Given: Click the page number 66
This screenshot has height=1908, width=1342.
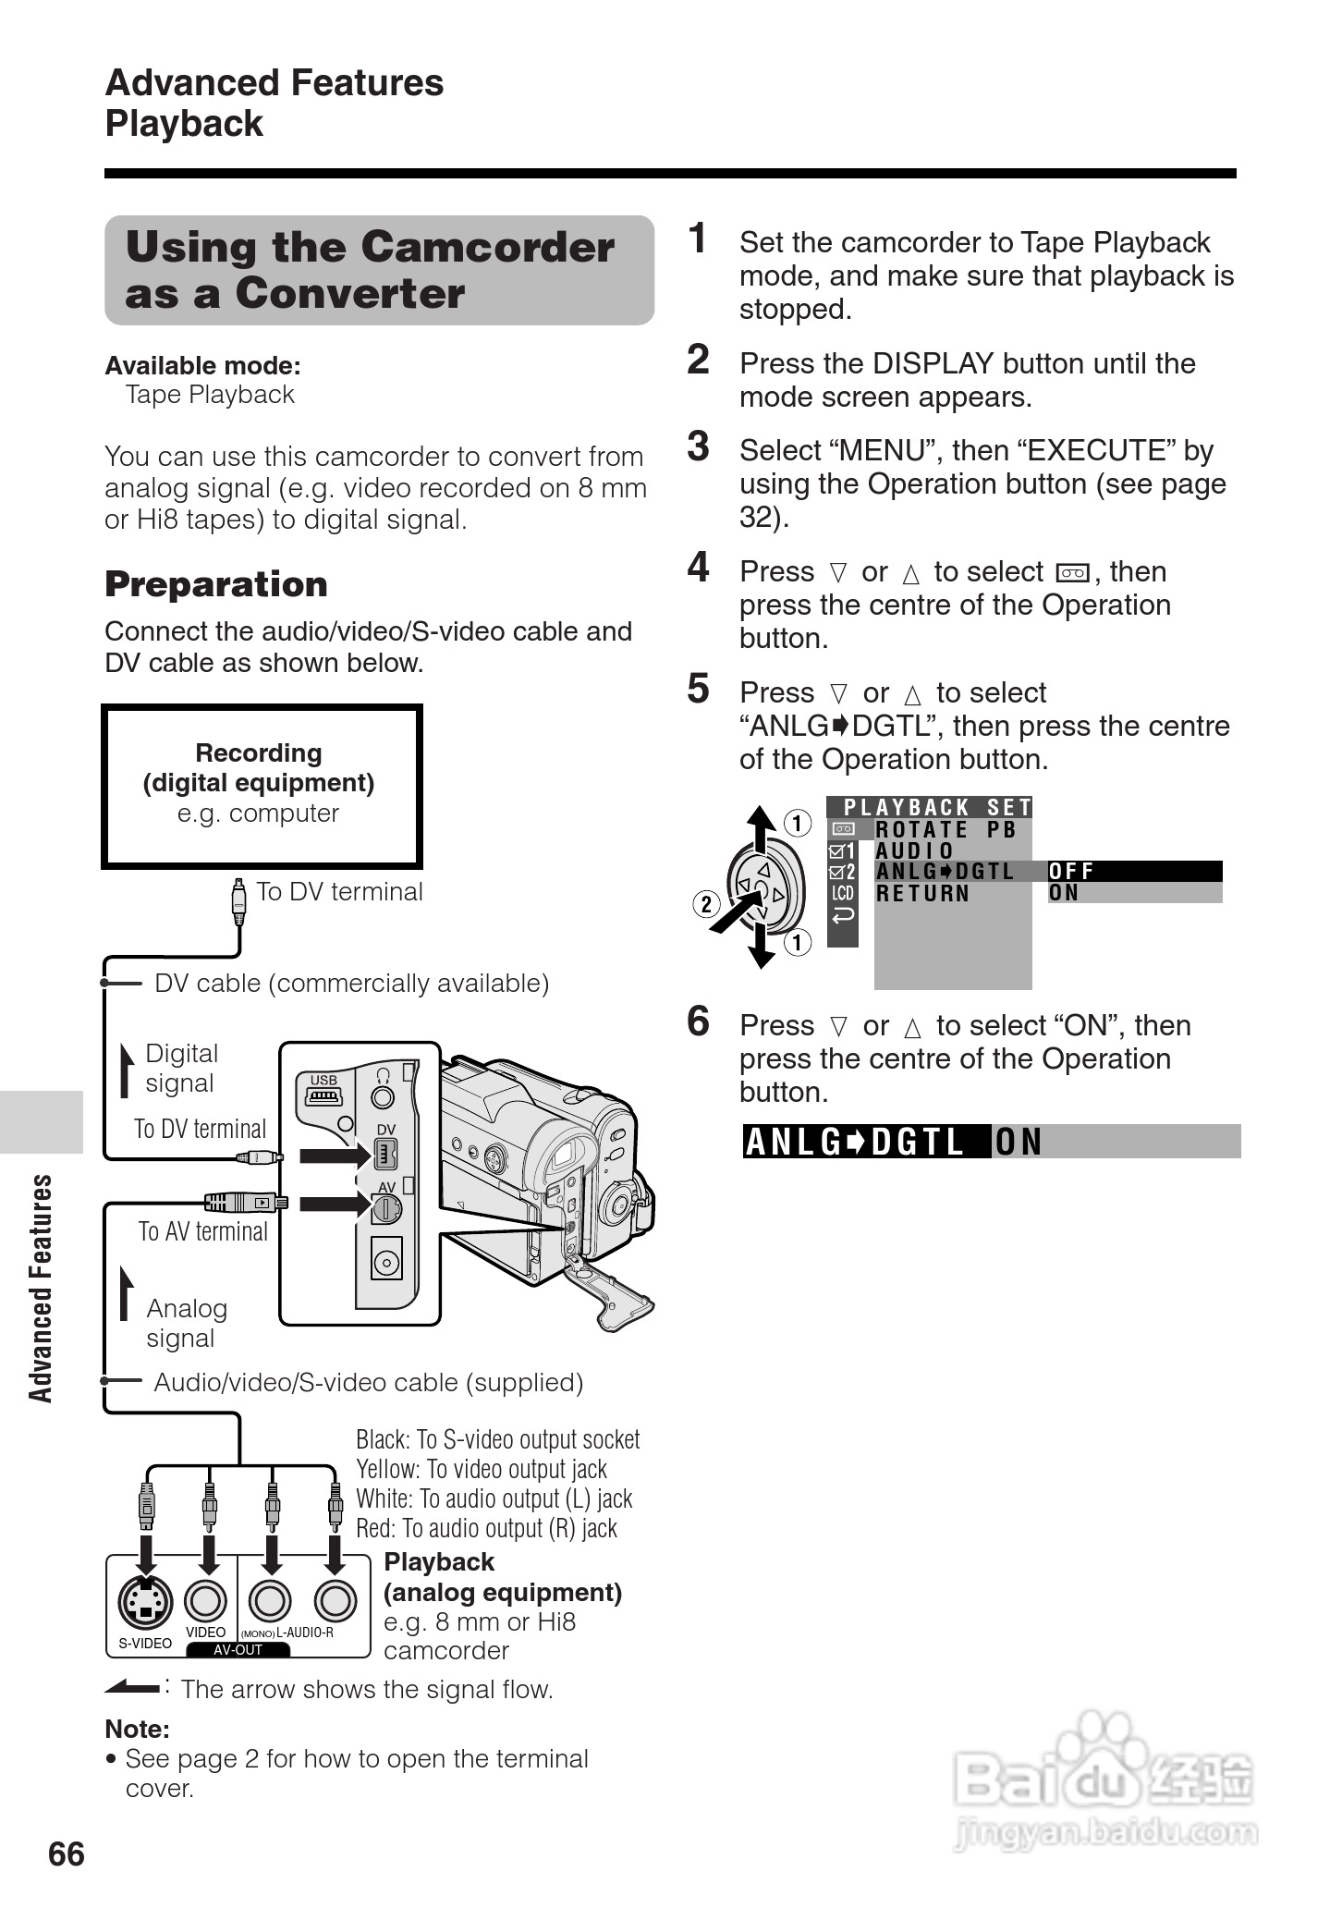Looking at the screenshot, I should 66,1853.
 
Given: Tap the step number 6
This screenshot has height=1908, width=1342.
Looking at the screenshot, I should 698,1021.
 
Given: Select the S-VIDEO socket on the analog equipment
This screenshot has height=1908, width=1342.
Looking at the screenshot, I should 145,1601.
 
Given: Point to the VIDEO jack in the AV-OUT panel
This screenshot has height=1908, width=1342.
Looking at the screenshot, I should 206,1601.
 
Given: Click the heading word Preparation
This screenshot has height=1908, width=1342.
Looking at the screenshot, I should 216,584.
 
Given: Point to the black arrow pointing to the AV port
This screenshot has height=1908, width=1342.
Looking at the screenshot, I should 334,1203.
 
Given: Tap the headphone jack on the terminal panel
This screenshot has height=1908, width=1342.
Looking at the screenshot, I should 382,1096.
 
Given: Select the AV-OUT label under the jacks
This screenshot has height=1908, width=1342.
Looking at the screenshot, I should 238,1650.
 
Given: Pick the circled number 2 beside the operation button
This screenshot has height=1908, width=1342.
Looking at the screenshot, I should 706,903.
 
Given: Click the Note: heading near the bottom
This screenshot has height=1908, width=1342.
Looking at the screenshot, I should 137,1729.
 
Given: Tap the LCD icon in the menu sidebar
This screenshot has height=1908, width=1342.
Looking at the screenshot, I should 842,893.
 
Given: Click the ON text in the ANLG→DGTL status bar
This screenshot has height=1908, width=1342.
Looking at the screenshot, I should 1018,1143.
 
